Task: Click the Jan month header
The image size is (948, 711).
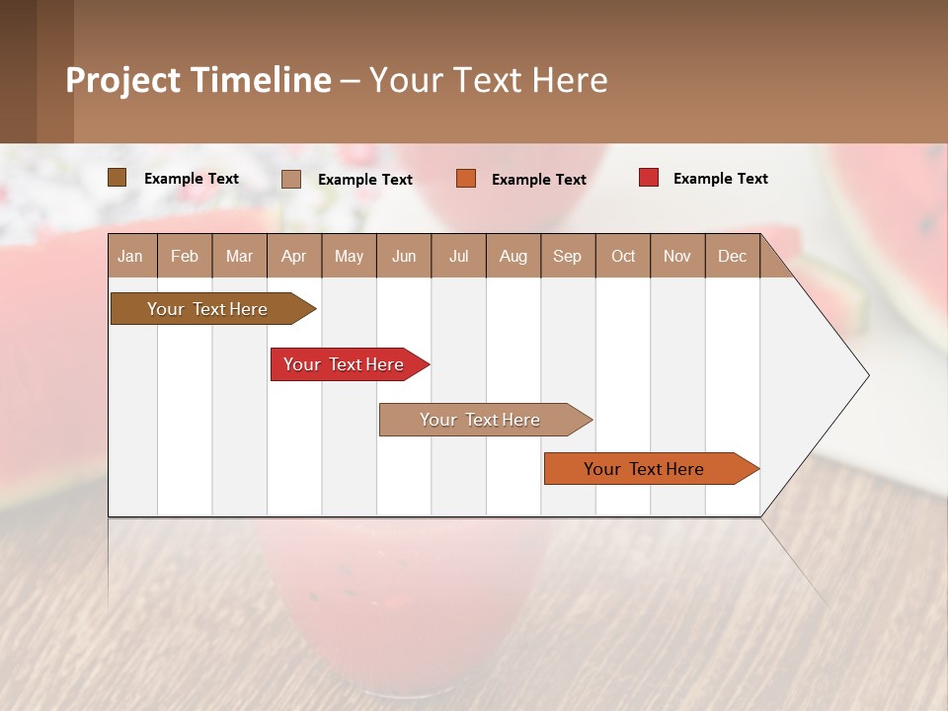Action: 131,256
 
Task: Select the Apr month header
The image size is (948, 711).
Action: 294,256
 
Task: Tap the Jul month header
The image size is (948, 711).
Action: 459,256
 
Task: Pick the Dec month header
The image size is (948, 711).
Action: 733,256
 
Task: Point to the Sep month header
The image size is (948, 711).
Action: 568,256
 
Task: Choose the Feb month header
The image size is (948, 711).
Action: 185,256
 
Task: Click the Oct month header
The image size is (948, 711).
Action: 623,256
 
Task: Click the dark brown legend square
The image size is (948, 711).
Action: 118,178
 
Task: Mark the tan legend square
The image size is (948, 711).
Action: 291,179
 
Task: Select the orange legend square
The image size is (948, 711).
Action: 466,179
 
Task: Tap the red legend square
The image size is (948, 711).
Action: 649,178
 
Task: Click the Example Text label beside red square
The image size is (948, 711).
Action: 720,179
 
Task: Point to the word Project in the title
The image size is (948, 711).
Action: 122,80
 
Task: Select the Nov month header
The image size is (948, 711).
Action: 677,256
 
